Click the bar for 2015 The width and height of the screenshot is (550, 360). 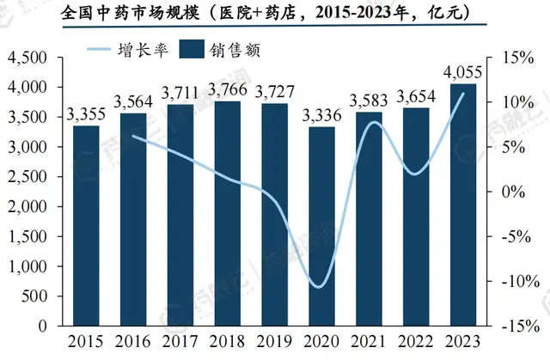click(x=85, y=226)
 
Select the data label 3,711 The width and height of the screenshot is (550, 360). click(x=179, y=92)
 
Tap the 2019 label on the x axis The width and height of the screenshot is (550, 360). click(x=272, y=342)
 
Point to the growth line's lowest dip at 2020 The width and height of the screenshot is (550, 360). click(x=319, y=286)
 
